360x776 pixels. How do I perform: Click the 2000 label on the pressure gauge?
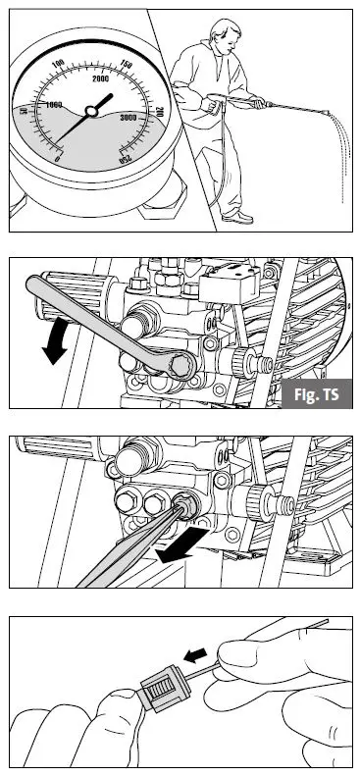(x=100, y=78)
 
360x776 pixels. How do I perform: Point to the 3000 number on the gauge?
(x=129, y=116)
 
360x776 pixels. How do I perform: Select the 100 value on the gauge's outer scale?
(x=58, y=63)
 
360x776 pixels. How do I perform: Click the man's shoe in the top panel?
(x=237, y=217)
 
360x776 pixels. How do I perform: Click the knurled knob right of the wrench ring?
(x=233, y=365)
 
